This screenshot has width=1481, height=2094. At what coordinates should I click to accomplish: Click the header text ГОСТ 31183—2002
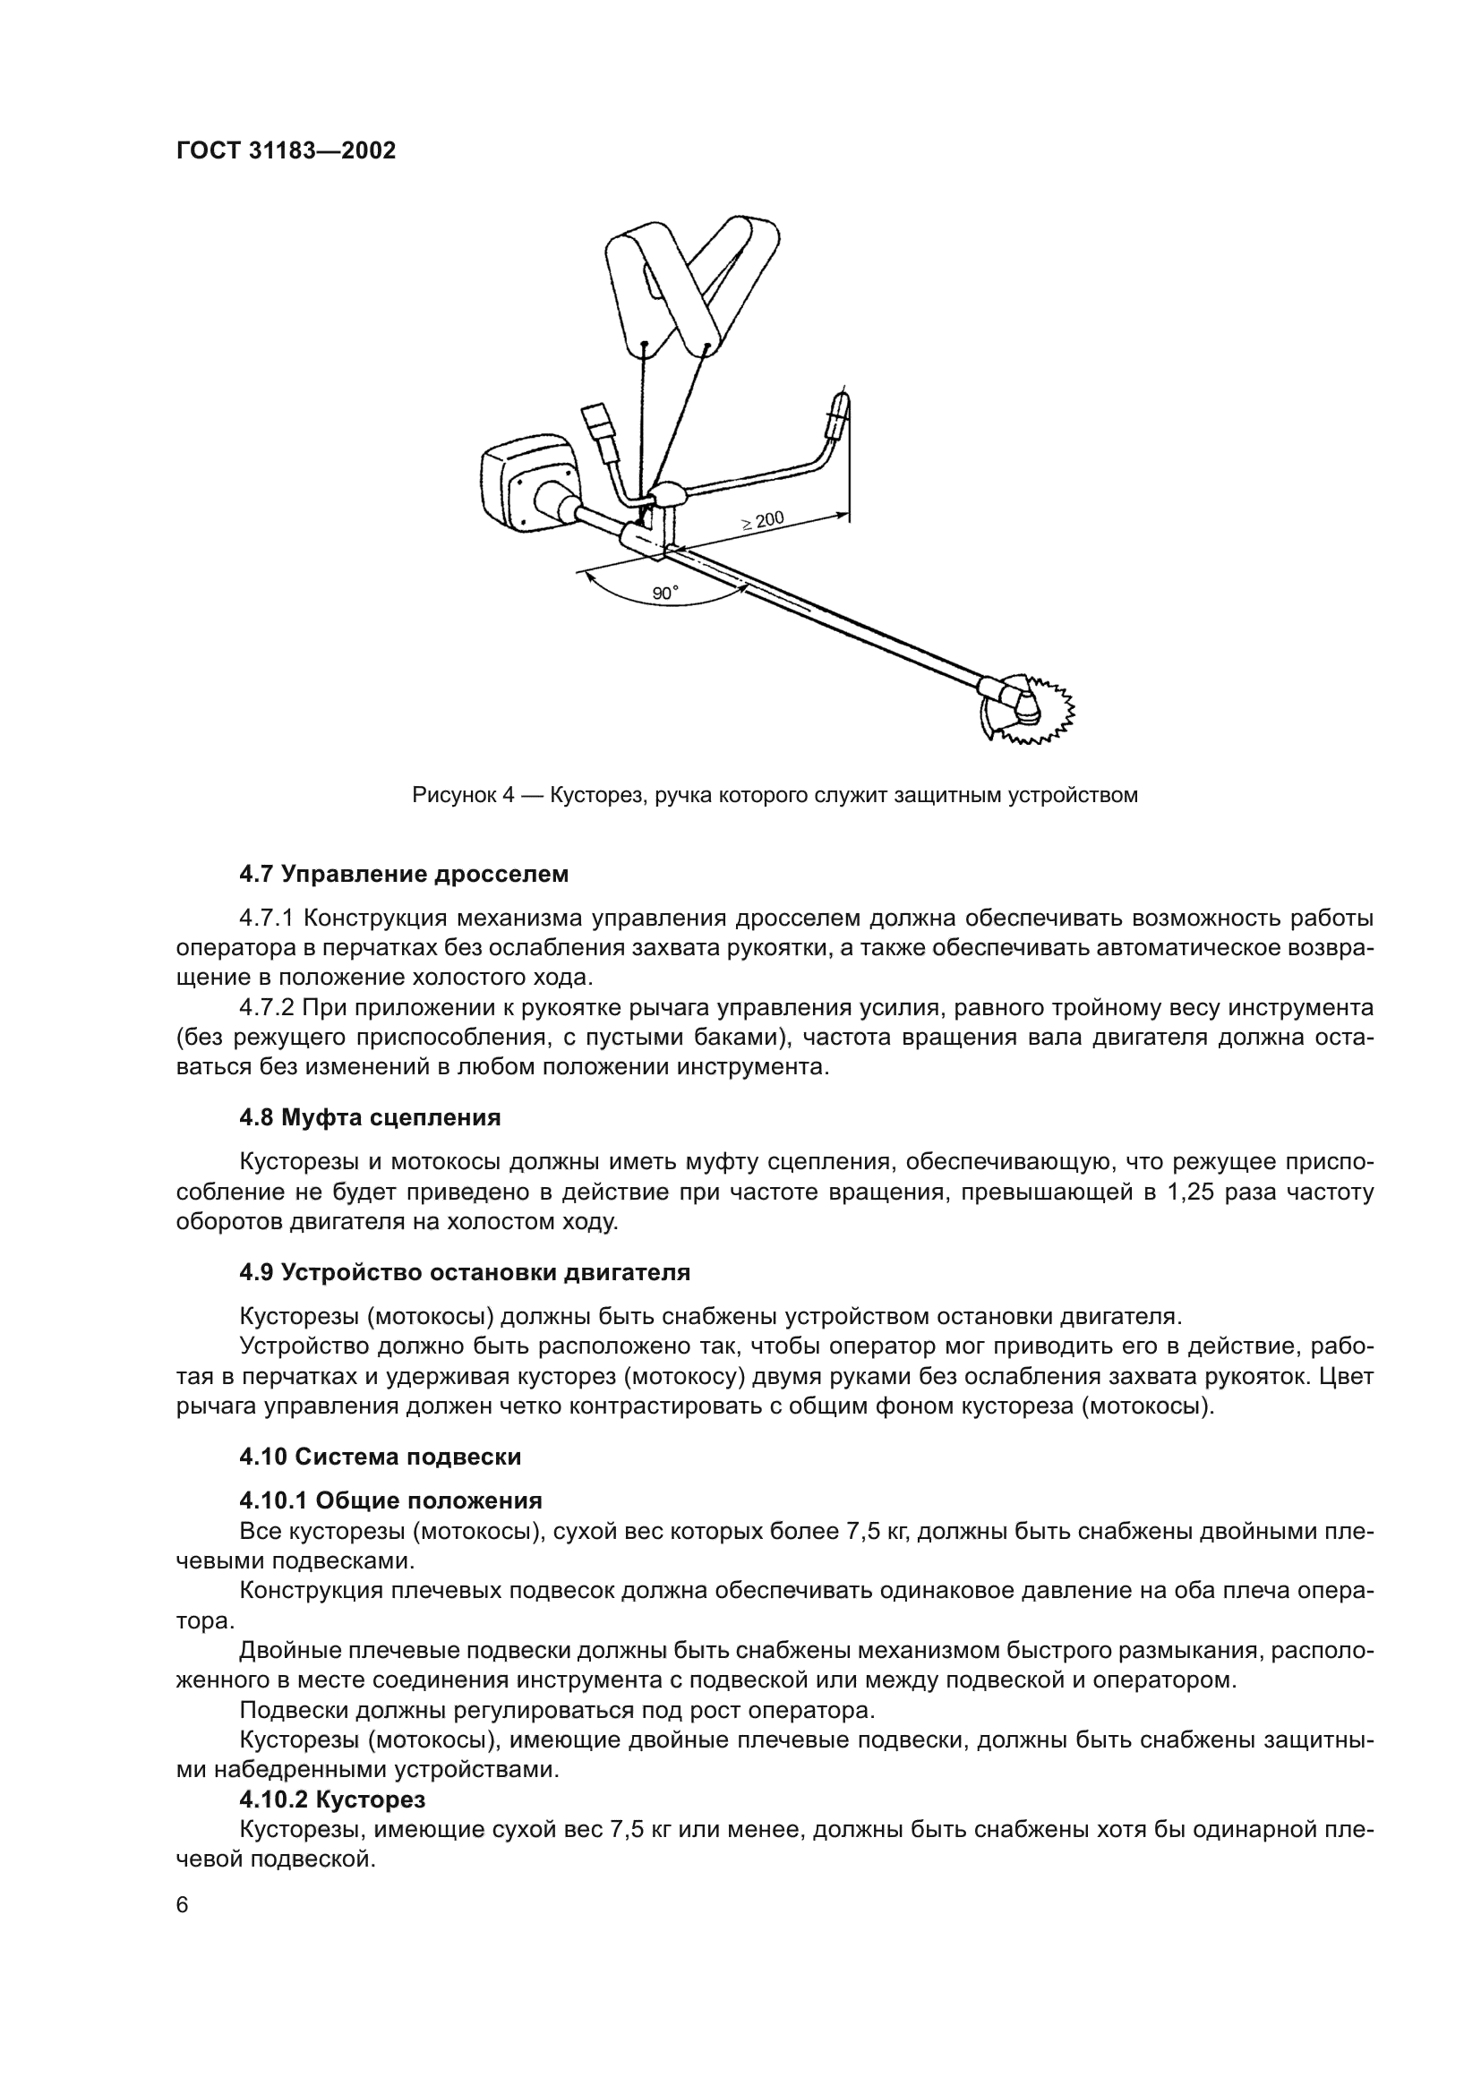(x=287, y=151)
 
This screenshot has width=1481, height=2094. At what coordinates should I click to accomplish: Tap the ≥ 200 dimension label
(x=762, y=522)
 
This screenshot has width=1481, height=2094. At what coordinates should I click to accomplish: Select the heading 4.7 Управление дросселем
(x=403, y=875)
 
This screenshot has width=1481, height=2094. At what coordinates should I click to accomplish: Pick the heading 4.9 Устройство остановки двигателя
(x=464, y=1272)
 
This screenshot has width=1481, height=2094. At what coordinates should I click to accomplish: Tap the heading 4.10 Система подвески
(x=380, y=1457)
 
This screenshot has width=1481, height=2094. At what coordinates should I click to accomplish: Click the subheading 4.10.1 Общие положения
(x=390, y=1501)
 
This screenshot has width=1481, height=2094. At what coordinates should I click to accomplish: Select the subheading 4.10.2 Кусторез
(x=332, y=1800)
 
